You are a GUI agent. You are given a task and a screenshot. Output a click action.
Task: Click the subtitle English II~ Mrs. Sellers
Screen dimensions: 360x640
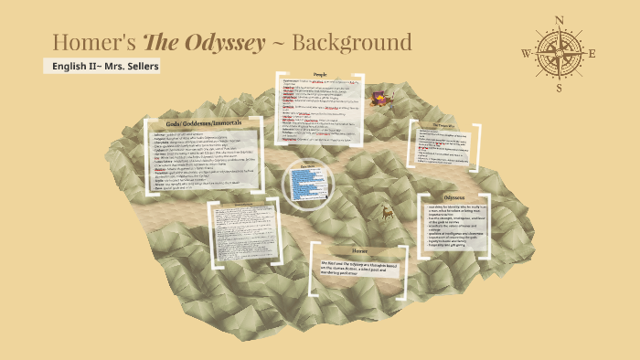106,67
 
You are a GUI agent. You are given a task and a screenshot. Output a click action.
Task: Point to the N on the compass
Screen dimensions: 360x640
560,19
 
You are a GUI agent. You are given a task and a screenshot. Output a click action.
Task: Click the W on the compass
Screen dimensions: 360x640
526,53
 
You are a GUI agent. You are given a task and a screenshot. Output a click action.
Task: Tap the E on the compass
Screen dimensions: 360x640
592,53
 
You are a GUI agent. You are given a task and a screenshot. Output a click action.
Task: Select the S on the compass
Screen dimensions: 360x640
560,88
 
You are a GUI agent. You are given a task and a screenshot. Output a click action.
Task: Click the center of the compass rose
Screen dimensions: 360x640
560,53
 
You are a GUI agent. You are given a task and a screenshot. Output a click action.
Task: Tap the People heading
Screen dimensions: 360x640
320,75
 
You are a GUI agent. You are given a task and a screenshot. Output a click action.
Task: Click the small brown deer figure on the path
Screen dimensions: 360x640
388,214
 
